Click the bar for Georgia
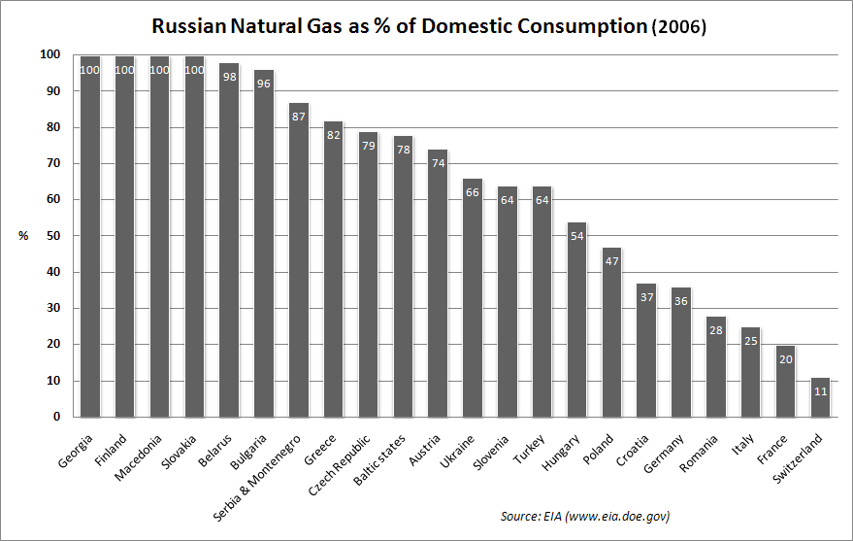tap(90, 238)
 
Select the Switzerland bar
tap(821, 398)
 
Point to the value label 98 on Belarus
tap(229, 77)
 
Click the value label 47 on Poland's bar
tap(612, 261)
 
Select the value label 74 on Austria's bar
tap(439, 163)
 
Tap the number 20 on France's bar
tap(786, 359)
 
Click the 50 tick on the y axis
tap(53, 236)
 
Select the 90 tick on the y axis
tap(53, 91)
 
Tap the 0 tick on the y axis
tap(57, 417)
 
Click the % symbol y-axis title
tap(23, 236)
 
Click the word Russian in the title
tap(188, 27)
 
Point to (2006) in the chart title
tap(678, 28)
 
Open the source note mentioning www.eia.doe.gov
tap(585, 516)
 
